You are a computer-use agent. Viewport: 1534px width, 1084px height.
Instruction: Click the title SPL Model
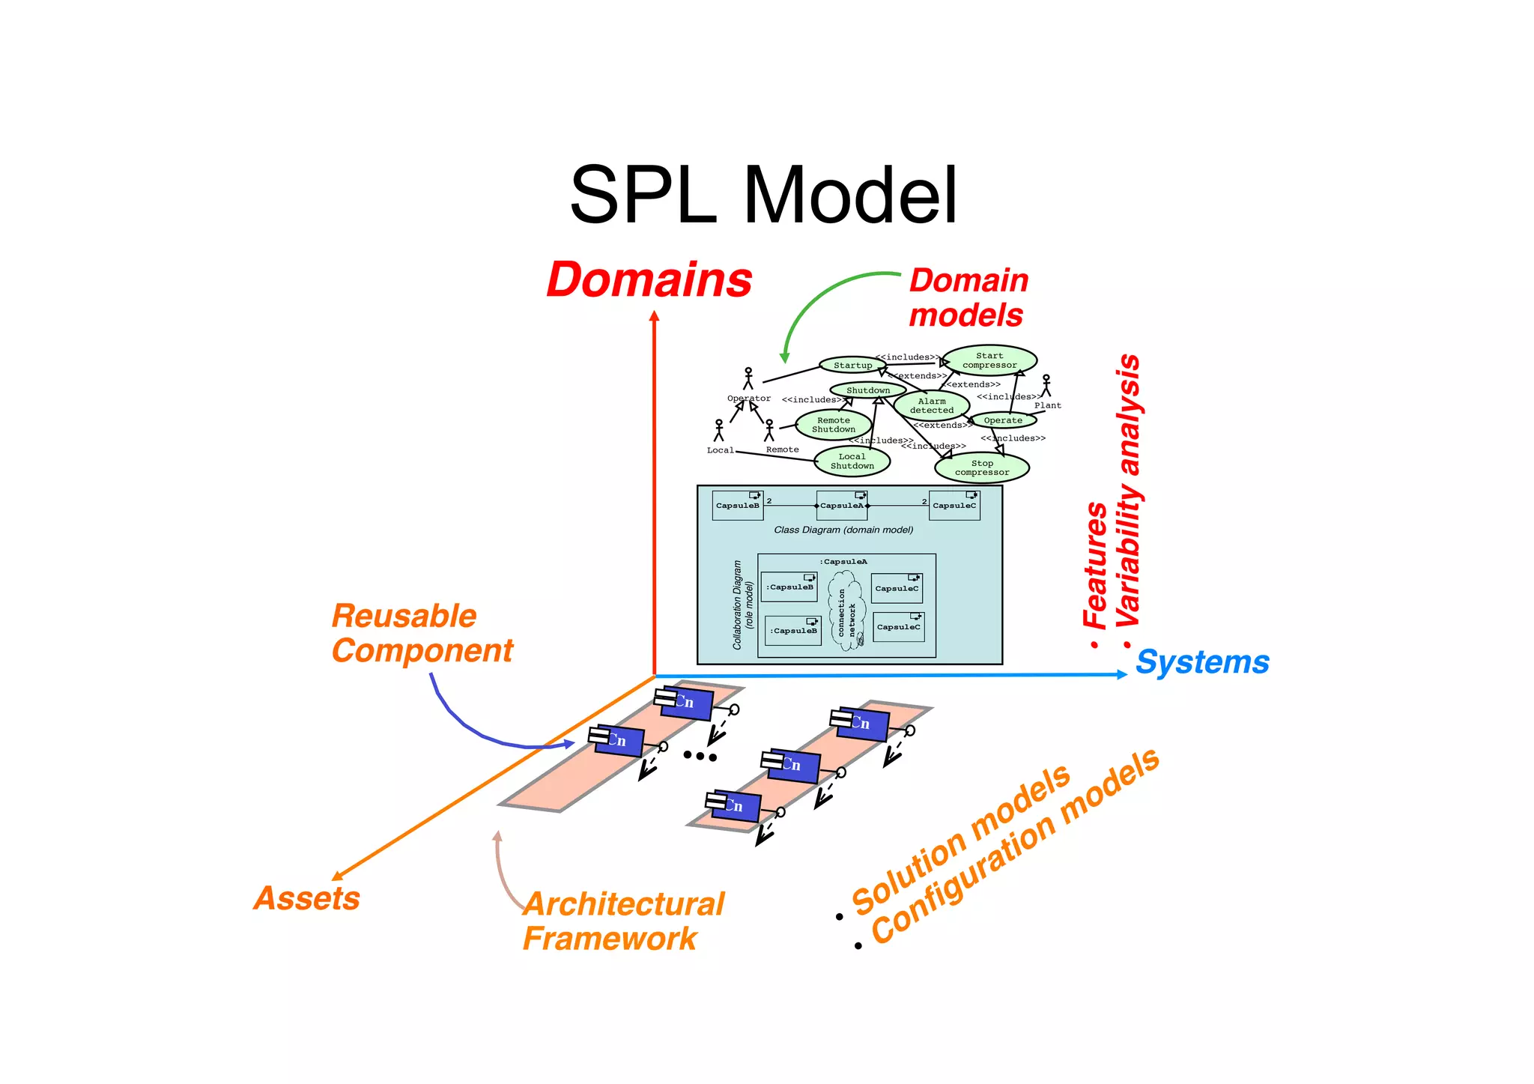coord(763,196)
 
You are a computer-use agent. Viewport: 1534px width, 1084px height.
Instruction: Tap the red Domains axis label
coord(649,280)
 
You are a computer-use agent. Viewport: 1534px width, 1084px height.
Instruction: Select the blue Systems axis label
coord(1201,662)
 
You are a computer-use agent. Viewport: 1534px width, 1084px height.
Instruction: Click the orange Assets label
coord(307,898)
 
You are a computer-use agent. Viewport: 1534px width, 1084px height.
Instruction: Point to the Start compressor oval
coord(989,360)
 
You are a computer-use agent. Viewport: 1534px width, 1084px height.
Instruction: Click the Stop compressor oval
coord(981,467)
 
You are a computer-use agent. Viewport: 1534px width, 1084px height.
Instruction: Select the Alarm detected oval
coord(931,406)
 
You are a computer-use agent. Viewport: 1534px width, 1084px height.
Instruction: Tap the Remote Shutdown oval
coord(833,425)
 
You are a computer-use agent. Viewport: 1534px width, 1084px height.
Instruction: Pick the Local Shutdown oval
coord(852,461)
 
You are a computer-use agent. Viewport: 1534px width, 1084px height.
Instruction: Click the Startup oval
coord(852,366)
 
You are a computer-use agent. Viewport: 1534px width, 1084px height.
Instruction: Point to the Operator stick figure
coord(748,379)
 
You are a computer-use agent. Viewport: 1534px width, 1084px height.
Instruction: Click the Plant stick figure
coord(1046,386)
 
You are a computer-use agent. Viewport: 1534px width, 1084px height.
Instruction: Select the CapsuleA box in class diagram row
coord(842,506)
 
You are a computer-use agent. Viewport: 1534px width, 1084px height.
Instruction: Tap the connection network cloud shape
coord(846,611)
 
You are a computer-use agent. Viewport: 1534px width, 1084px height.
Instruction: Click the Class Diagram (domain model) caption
coord(843,530)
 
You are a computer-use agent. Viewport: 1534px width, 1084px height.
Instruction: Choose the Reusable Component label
coord(422,634)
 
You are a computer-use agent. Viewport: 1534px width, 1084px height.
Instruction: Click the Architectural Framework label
coord(623,921)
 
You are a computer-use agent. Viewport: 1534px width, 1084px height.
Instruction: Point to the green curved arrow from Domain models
coord(816,303)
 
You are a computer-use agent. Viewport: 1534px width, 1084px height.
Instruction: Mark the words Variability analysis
coord(1128,491)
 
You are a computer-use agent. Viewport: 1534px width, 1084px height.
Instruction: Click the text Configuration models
coord(1015,847)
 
